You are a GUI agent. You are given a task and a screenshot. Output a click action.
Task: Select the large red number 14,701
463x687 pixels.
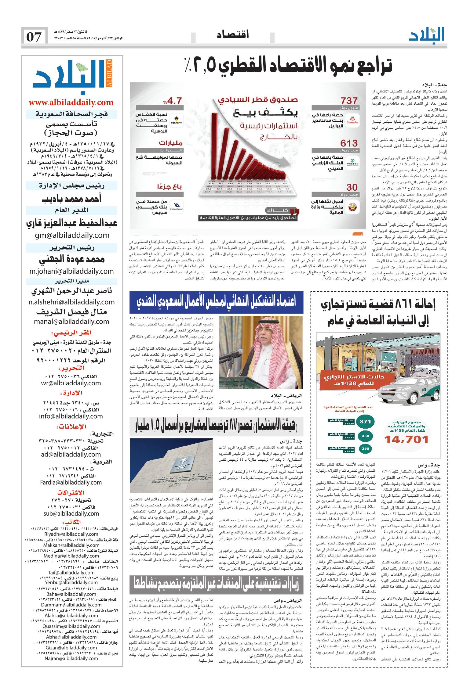406,439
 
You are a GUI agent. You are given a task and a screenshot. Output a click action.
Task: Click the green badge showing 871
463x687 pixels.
365,422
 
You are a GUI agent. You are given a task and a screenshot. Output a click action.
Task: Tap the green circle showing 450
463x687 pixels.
365,436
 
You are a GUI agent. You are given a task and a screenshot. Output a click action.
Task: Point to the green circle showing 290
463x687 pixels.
365,448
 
